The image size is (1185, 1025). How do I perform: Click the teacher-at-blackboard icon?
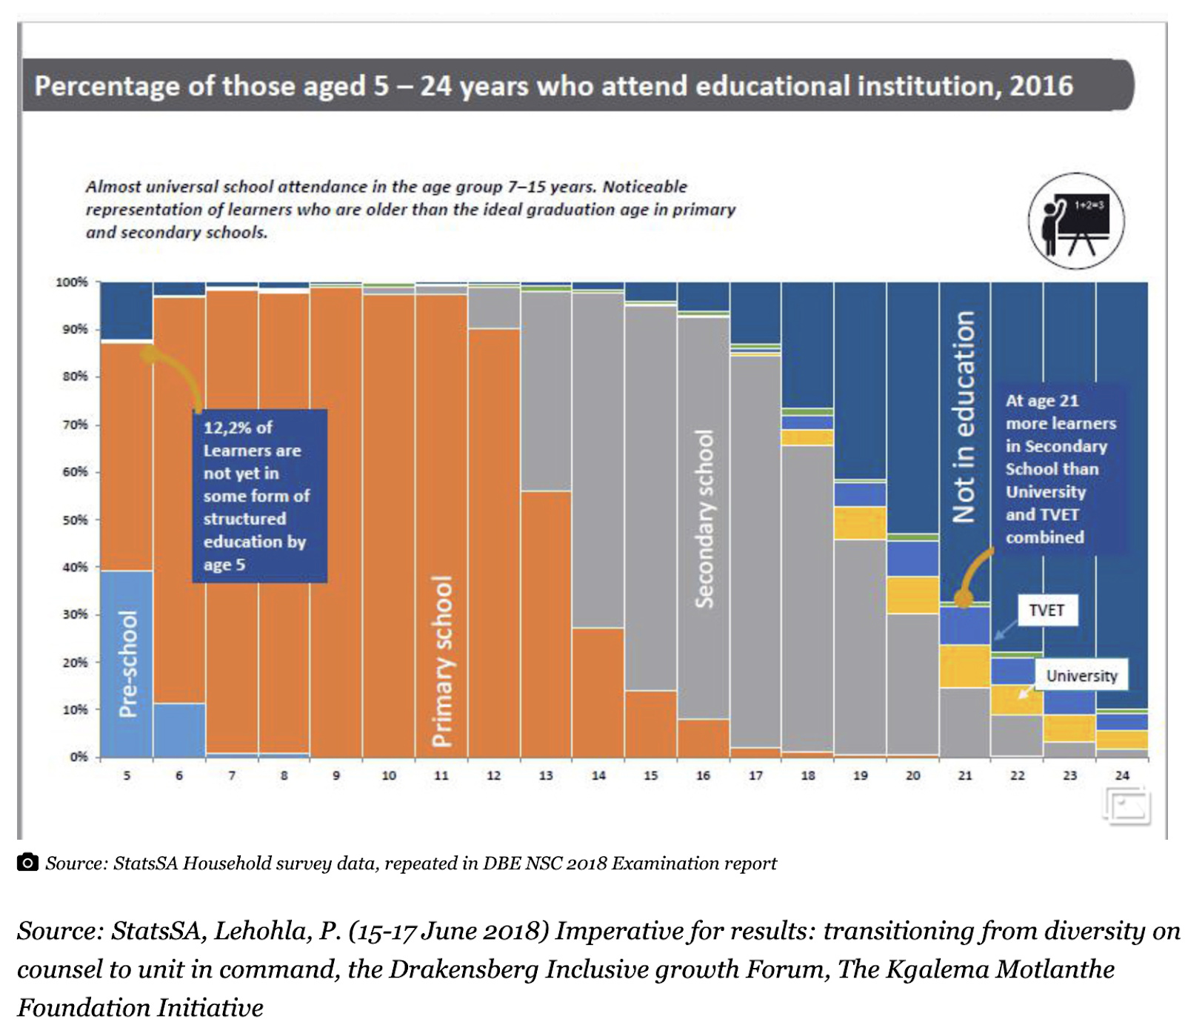click(1075, 221)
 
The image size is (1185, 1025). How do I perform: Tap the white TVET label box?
click(1046, 610)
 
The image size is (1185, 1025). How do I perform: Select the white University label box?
click(1081, 675)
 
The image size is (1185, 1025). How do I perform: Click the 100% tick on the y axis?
click(72, 282)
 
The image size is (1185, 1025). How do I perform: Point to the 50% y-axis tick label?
click(75, 520)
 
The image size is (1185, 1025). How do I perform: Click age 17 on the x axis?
click(755, 775)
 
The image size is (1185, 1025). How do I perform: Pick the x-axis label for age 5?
click(127, 775)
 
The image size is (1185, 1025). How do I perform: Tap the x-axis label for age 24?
click(1122, 775)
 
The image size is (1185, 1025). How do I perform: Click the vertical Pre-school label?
click(128, 663)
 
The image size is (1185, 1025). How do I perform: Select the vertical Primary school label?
click(441, 661)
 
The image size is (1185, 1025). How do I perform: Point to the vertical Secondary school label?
click(704, 519)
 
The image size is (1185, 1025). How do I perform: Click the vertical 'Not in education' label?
click(964, 417)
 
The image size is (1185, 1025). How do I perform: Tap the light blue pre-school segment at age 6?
click(179, 729)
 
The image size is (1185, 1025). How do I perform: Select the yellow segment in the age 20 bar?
click(912, 594)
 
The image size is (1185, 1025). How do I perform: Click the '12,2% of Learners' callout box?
click(259, 495)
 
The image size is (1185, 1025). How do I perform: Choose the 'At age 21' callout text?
click(1059, 468)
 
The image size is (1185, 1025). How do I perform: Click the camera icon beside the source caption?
click(27, 862)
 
